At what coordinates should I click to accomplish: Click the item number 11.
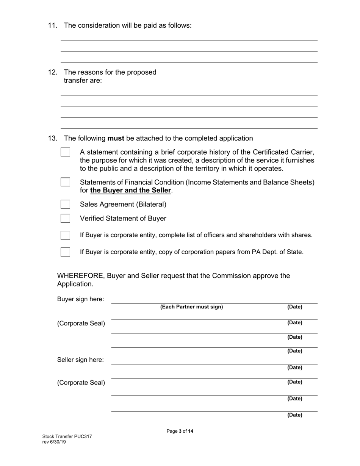click(x=52, y=25)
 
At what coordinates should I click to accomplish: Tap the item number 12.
click(x=52, y=72)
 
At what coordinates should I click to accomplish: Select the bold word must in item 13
click(x=116, y=138)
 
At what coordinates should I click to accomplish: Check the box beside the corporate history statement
click(x=66, y=152)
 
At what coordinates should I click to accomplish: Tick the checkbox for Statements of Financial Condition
click(x=66, y=182)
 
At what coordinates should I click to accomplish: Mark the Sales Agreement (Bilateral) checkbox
click(x=66, y=204)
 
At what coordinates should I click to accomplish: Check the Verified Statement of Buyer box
click(x=66, y=218)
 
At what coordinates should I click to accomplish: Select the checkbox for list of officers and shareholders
click(x=66, y=235)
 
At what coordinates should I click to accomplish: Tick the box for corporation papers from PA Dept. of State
click(x=66, y=252)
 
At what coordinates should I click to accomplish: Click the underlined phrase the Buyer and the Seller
click(x=130, y=191)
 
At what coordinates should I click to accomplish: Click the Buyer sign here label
click(x=80, y=299)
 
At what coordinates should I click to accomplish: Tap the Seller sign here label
click(x=80, y=360)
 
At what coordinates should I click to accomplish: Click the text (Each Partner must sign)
click(x=191, y=307)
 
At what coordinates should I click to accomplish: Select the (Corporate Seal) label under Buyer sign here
click(x=81, y=324)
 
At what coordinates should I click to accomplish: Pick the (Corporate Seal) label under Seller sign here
click(x=81, y=383)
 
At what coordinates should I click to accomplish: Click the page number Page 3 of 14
click(x=180, y=431)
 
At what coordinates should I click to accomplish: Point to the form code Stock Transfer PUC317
click(x=67, y=436)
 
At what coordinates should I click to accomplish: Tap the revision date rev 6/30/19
click(x=54, y=442)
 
